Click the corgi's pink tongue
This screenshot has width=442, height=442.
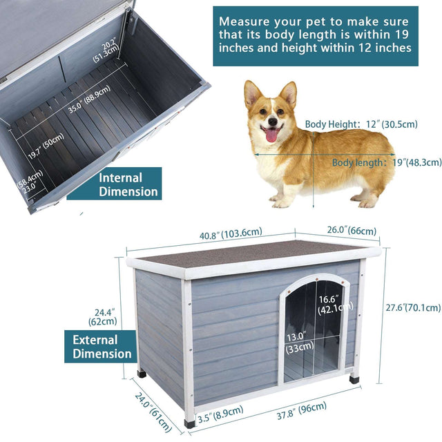point(271,134)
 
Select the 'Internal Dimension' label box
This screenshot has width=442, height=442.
point(129,184)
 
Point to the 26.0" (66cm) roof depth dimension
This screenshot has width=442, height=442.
point(343,231)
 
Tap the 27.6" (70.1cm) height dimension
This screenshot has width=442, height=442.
point(403,307)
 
